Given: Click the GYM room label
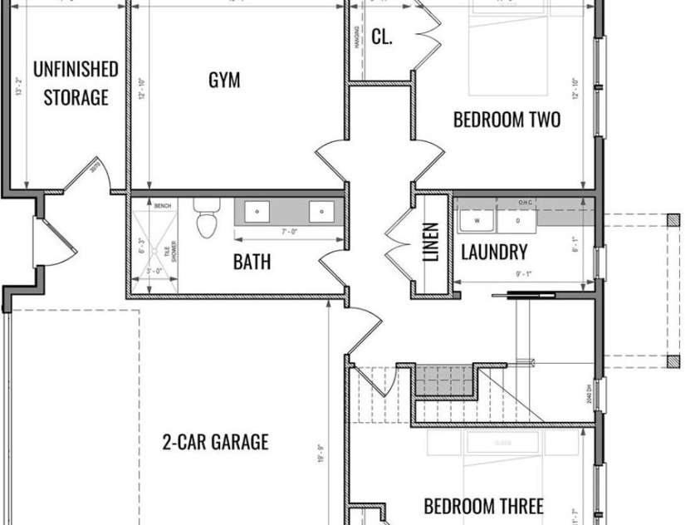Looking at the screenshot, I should pos(224,81).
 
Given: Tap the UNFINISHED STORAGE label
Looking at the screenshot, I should pos(76,83).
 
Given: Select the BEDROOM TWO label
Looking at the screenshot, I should pos(507,120).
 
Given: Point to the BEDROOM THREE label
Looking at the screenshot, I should pos(483,506).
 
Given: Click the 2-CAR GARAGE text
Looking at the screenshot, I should pos(215,441).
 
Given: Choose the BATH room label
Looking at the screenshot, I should pos(251,262).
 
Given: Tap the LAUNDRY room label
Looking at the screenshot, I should pos(493,253).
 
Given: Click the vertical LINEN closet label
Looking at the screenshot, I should pos(430,243).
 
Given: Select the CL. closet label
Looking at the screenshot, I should pos(382,37).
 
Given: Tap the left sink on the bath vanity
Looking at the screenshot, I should pos(258,212).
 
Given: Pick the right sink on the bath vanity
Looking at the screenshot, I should pos(321,212).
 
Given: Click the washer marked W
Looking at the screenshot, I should pos(477,222).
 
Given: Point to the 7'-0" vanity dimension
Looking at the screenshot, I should pos(289,232).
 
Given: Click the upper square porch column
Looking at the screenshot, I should pos(673,220).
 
